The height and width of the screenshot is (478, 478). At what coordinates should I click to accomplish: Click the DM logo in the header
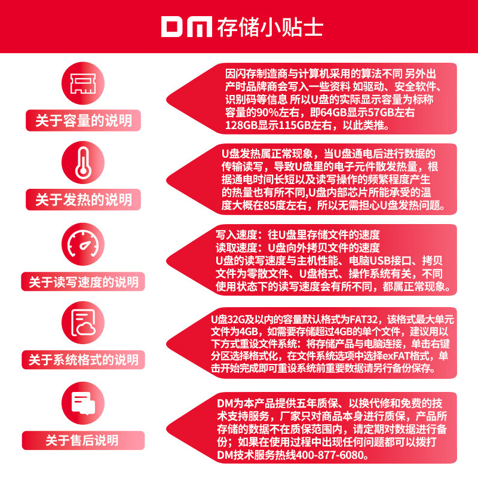(186, 27)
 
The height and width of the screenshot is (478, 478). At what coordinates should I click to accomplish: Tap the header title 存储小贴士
(270, 27)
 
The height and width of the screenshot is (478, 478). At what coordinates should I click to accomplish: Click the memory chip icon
(83, 83)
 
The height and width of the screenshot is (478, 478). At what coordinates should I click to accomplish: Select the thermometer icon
(83, 163)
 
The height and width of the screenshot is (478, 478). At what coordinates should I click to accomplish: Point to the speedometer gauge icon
(83, 244)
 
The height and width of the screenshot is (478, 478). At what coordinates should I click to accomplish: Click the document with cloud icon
(83, 323)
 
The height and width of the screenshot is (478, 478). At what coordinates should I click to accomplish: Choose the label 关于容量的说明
(84, 121)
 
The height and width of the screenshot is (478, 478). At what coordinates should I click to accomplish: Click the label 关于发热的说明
(84, 200)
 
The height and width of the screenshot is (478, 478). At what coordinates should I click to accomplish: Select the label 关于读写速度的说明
(84, 281)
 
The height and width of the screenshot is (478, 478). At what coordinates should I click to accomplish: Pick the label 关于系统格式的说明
(84, 360)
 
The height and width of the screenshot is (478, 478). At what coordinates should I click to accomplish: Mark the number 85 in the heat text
(270, 206)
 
